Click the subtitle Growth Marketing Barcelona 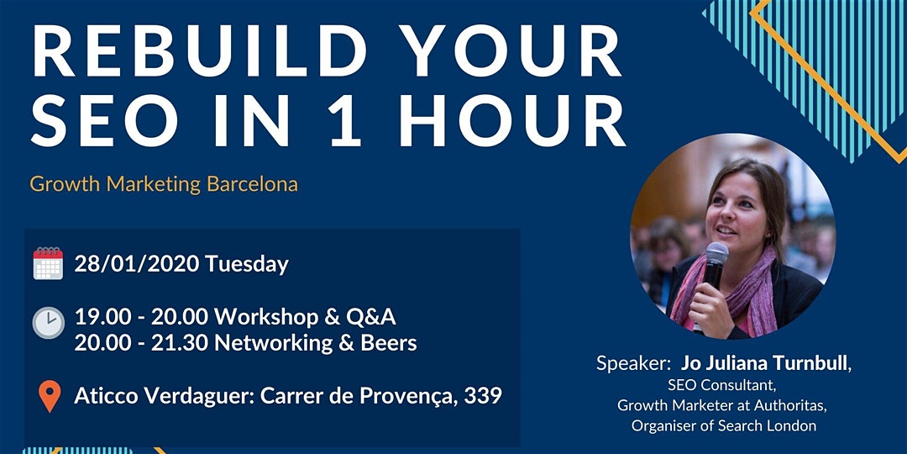pyautogui.click(x=164, y=183)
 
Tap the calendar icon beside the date pyautogui.click(x=48, y=263)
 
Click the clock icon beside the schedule pyautogui.click(x=48, y=322)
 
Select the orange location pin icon pyautogui.click(x=50, y=396)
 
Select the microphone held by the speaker pyautogui.click(x=716, y=256)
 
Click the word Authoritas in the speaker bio pyautogui.click(x=789, y=405)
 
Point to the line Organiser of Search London pyautogui.click(x=723, y=425)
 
